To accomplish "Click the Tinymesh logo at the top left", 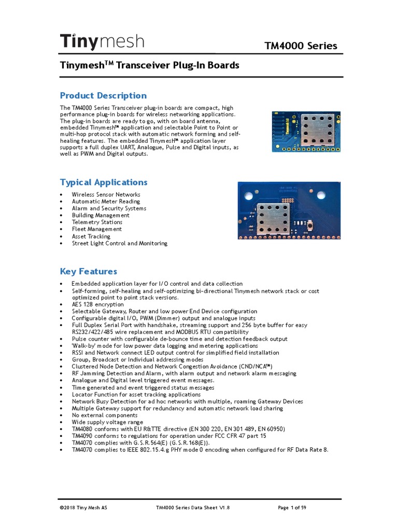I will click(x=102, y=41).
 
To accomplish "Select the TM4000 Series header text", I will click(x=301, y=46).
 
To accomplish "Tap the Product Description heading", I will click(x=103, y=95).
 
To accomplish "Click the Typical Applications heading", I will click(x=104, y=182).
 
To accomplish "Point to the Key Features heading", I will click(x=89, y=271).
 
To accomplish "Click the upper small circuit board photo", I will click(x=306, y=131).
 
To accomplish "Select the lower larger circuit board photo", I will click(x=289, y=210).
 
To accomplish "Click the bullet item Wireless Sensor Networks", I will click(x=106, y=195).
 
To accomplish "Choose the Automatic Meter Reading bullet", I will click(x=106, y=201).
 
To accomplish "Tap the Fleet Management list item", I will click(x=97, y=229).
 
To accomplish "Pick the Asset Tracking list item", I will click(x=91, y=236).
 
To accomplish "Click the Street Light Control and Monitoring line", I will click(x=120, y=243).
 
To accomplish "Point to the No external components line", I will click(x=105, y=415).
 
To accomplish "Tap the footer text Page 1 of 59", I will click(x=292, y=508).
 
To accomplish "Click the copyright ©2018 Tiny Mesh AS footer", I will click(x=84, y=508).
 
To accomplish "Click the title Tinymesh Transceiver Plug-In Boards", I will click(x=150, y=65).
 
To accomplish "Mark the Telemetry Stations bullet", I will click(x=97, y=222).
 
